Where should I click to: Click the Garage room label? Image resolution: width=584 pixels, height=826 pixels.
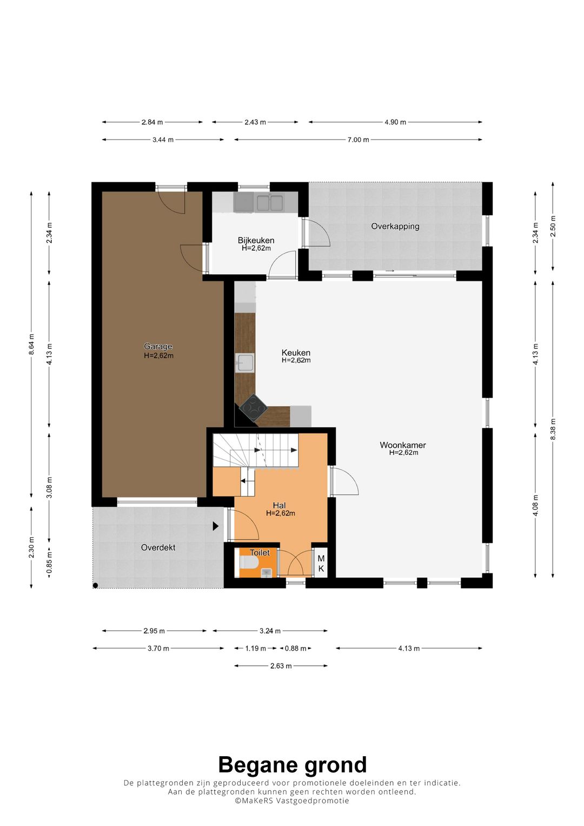click(158, 346)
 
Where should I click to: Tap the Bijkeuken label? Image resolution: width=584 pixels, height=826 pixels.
click(256, 240)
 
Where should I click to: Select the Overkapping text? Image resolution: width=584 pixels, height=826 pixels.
click(395, 227)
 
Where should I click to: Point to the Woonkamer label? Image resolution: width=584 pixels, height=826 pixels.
click(403, 445)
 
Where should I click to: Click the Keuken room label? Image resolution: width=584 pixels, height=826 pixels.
click(296, 353)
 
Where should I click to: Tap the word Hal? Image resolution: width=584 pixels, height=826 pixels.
click(280, 506)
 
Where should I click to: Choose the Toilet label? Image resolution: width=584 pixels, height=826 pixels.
click(260, 552)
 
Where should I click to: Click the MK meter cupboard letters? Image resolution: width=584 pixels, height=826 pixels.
click(321, 564)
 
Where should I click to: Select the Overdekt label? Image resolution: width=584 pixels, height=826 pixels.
click(158, 547)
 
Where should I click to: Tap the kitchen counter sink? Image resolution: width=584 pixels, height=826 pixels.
click(245, 362)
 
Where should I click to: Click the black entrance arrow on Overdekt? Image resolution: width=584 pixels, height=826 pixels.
click(216, 526)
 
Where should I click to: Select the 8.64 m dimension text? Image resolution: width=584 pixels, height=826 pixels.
click(31, 344)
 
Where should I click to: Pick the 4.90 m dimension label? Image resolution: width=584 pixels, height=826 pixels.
click(395, 122)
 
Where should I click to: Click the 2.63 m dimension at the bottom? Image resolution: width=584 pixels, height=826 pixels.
click(281, 666)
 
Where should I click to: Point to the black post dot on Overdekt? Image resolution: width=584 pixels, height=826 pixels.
click(96, 585)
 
